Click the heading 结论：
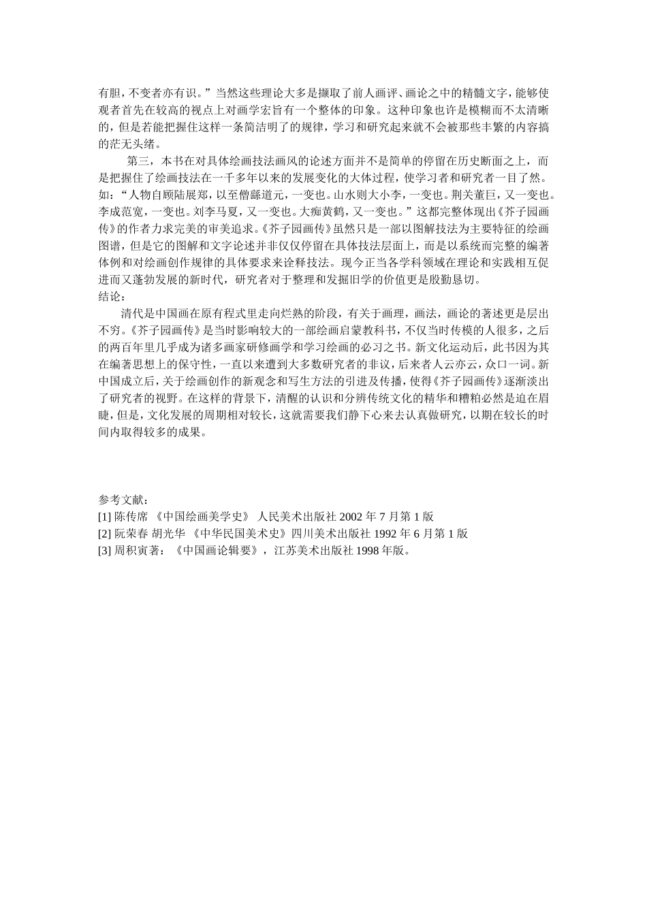click(112, 296)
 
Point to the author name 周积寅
click(131, 551)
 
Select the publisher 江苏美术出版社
click(309, 551)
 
